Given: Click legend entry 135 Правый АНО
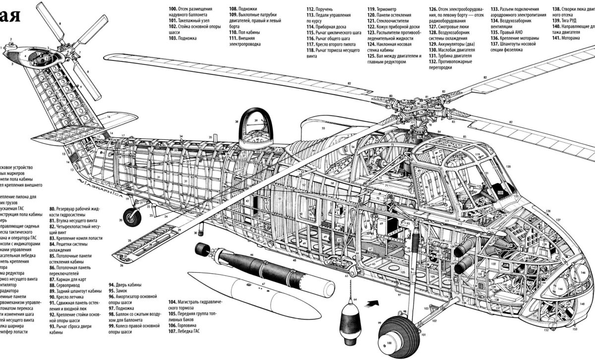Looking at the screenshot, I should point(506,32).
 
